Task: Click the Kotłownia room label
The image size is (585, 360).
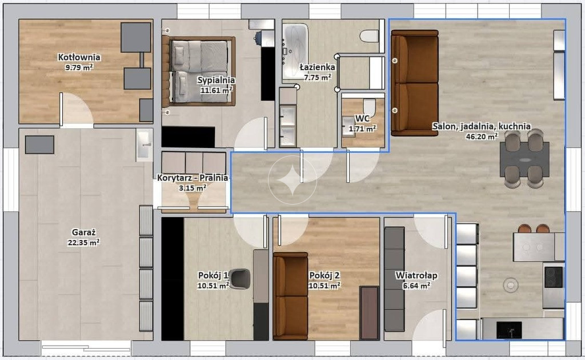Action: pos(79,57)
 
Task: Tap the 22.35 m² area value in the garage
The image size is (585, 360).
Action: pos(83,242)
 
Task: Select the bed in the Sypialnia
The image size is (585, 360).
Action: pos(198,71)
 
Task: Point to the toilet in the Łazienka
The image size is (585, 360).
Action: pos(370,36)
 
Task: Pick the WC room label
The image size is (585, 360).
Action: pos(362,119)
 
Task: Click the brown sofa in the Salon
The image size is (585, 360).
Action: pos(415,83)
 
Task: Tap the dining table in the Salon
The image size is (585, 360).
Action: pos(524,159)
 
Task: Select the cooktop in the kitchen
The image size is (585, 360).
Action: pos(554,277)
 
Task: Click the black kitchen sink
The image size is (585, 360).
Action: pos(509,330)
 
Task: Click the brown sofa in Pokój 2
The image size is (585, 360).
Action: pos(290,296)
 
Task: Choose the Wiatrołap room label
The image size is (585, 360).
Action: pos(416,275)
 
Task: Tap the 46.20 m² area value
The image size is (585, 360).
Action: pos(482,137)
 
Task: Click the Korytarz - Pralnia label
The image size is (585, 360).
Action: pos(193,178)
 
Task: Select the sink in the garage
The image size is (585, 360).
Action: pos(145,145)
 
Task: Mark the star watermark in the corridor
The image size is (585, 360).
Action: pos(292,180)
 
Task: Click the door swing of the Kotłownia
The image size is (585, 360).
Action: pos(76,108)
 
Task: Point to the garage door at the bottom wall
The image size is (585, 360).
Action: pos(86,347)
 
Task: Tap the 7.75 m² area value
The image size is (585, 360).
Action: pos(317,78)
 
